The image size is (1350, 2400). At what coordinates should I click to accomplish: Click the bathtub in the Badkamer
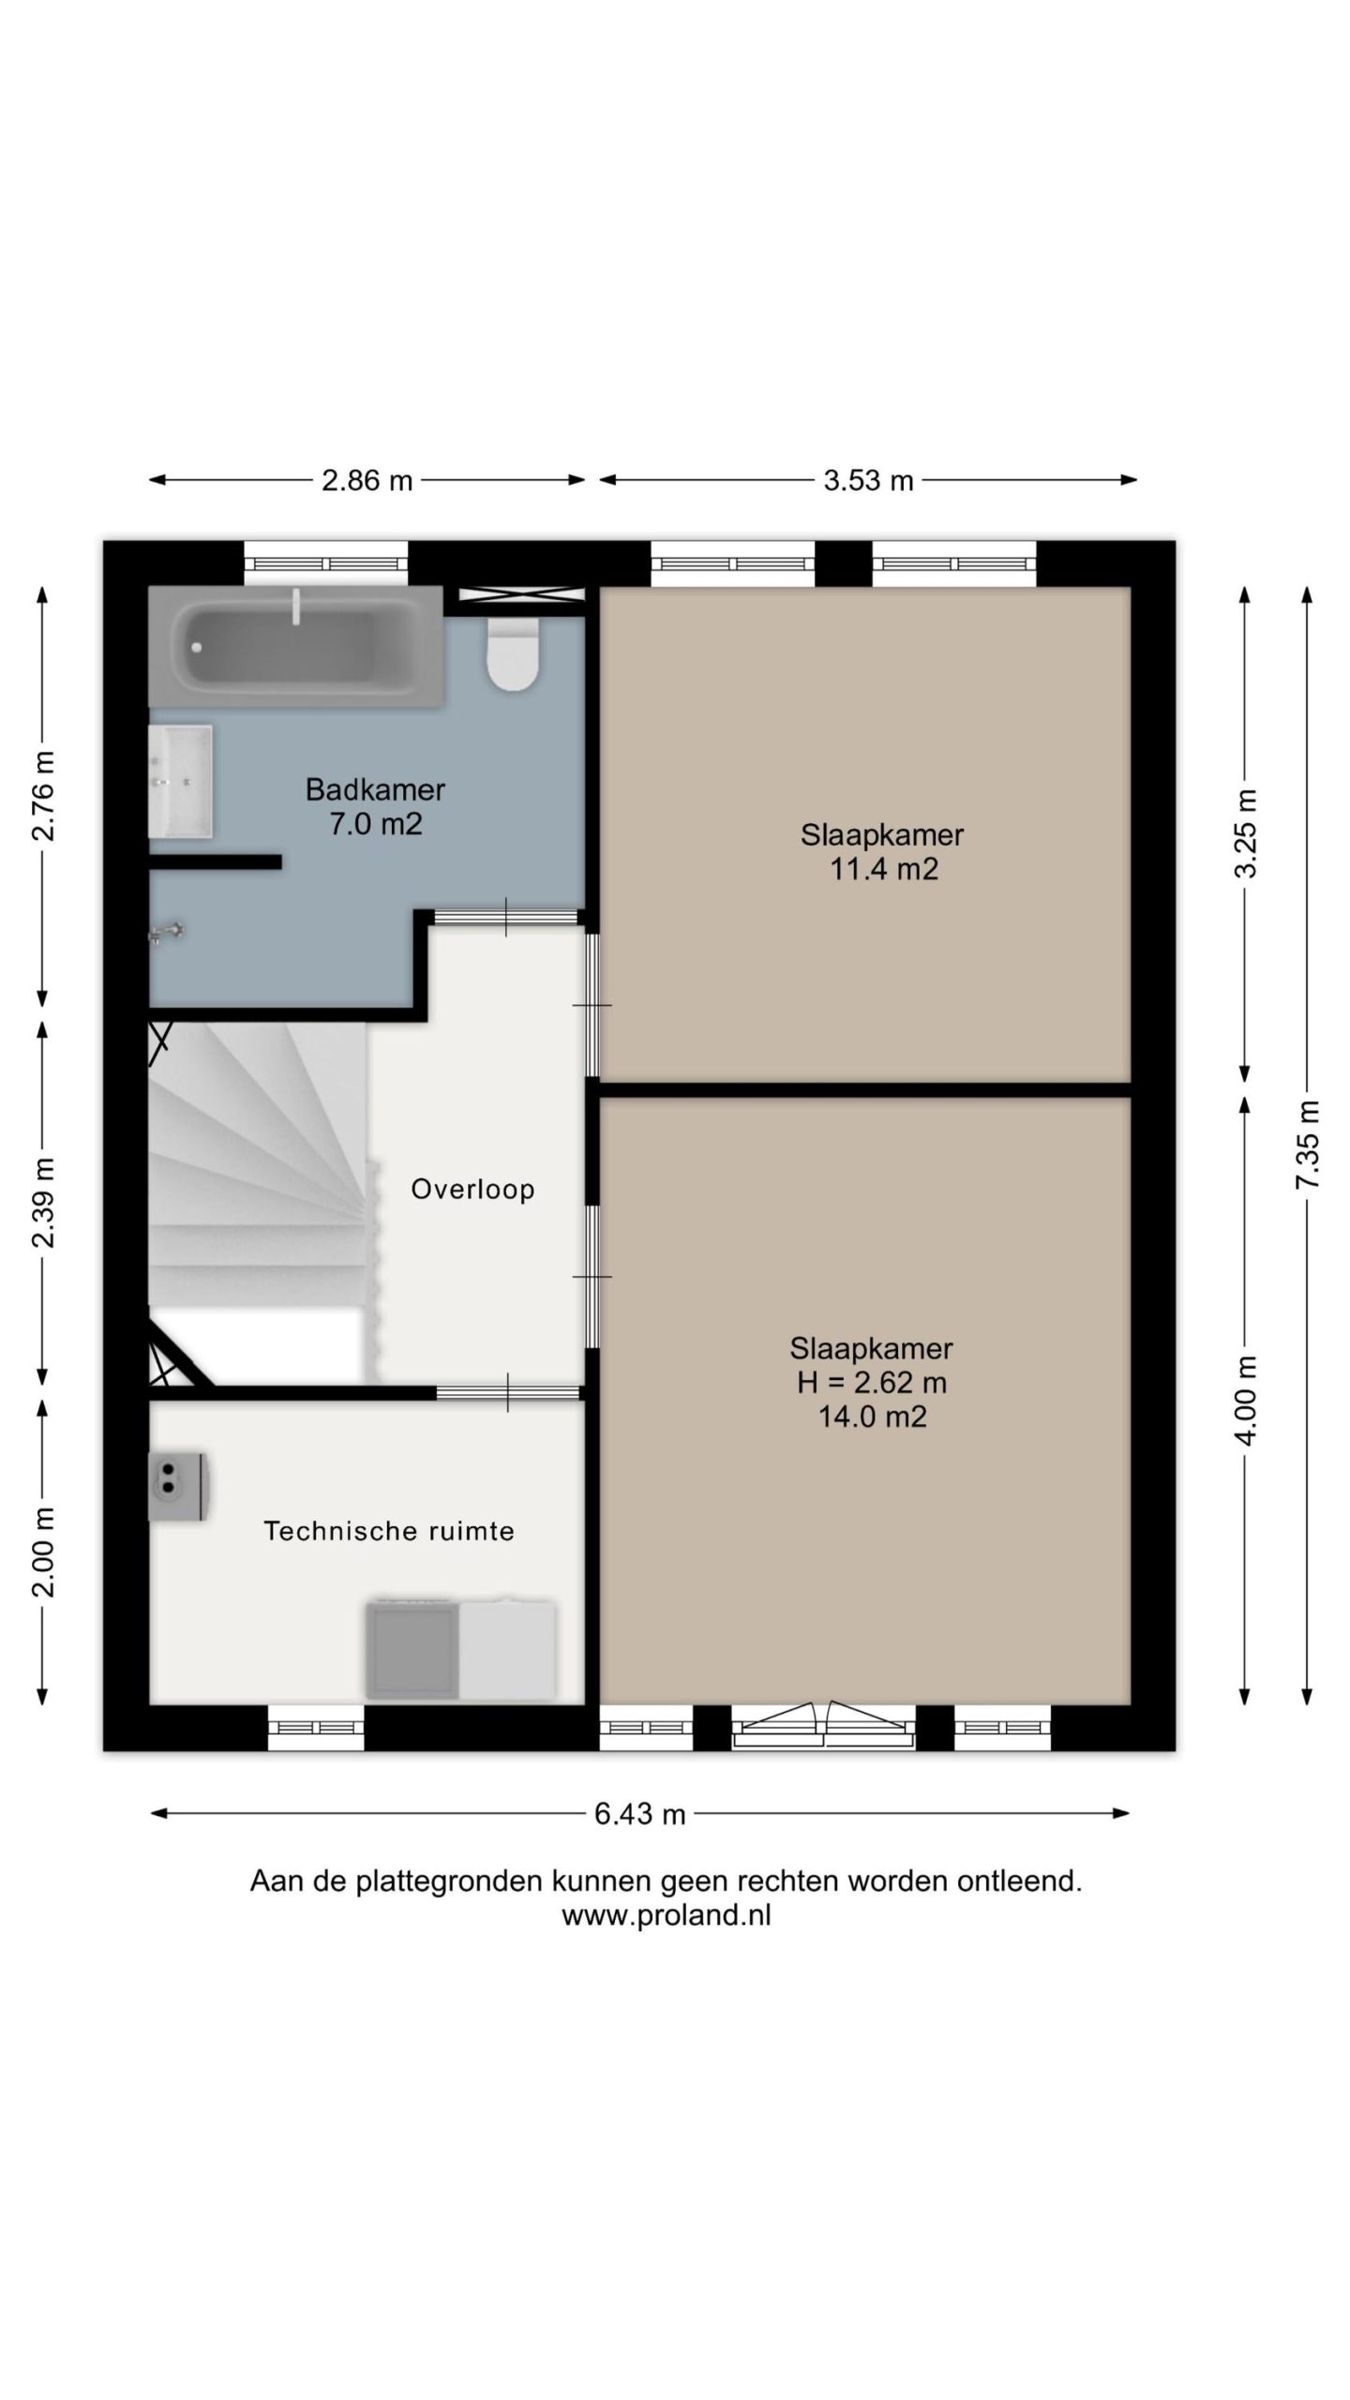tap(295, 647)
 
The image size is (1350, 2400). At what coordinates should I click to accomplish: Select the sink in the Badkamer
tap(181, 781)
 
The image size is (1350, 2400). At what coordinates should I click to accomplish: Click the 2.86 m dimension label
tap(367, 481)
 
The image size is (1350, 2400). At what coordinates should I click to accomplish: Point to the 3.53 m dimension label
tap(868, 481)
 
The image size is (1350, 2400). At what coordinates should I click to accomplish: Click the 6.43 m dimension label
tap(640, 1814)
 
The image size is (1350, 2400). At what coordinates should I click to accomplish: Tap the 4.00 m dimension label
tap(1246, 1401)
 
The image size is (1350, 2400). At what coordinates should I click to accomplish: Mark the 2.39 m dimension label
tap(43, 1203)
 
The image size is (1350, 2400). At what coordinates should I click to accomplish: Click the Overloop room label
tap(472, 1190)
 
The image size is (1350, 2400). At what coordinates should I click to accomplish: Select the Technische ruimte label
tap(389, 1531)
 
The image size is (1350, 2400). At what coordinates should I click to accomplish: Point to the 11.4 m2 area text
tap(883, 869)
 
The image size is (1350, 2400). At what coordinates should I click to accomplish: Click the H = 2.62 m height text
tap(872, 1382)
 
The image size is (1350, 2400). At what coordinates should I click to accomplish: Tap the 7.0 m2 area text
tap(375, 824)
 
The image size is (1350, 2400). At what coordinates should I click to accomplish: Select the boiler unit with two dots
tap(178, 1487)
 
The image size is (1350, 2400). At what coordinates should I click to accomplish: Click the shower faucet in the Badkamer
tap(167, 932)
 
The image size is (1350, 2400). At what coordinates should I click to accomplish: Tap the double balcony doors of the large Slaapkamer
tap(824, 1725)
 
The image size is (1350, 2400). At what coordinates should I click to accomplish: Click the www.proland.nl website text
tap(667, 1914)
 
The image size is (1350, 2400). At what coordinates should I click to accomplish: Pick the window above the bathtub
tap(326, 564)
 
